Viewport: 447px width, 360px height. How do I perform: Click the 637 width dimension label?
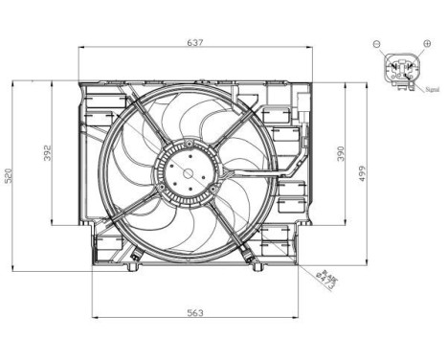click(x=196, y=42)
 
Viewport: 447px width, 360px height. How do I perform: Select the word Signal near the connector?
click(x=433, y=91)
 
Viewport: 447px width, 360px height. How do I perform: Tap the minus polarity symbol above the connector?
click(x=377, y=44)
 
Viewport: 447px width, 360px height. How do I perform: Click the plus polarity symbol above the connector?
click(x=425, y=44)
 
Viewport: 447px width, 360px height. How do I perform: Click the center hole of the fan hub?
click(x=186, y=174)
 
